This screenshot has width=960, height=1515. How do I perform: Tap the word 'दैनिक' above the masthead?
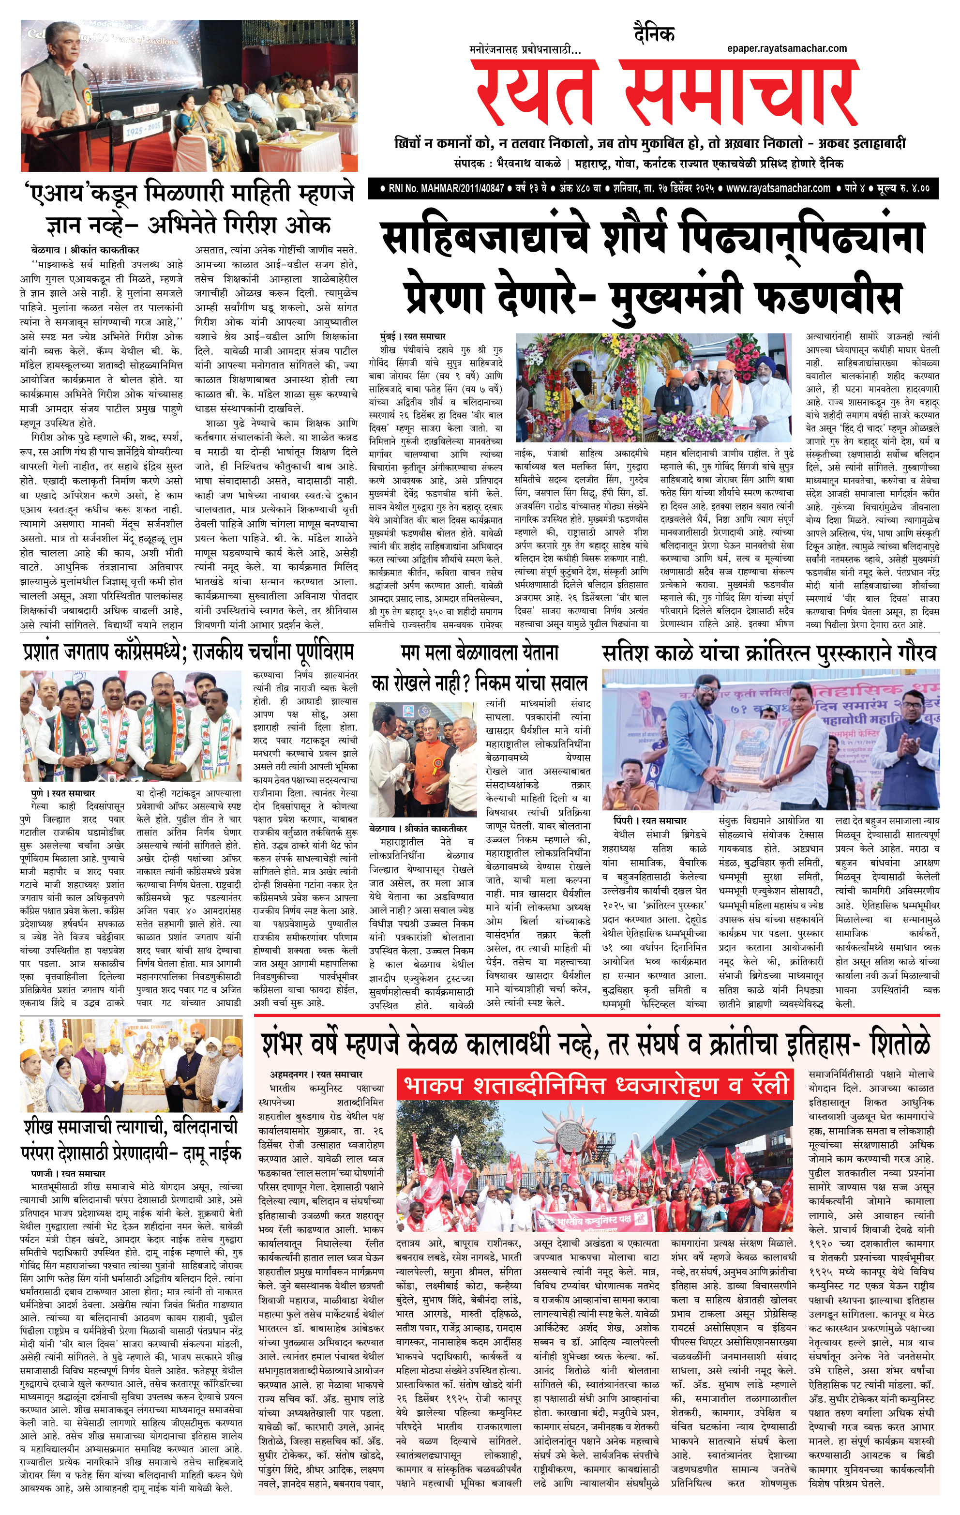[x=654, y=34]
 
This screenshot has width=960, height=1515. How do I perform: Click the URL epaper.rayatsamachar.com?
[x=786, y=48]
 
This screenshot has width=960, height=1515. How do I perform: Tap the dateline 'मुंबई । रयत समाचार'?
[x=413, y=336]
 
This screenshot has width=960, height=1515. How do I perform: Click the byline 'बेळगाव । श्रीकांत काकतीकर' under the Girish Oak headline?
[x=85, y=250]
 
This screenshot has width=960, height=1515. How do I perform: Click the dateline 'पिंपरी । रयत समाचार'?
[x=650, y=820]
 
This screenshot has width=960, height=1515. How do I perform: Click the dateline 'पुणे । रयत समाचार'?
[x=63, y=793]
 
